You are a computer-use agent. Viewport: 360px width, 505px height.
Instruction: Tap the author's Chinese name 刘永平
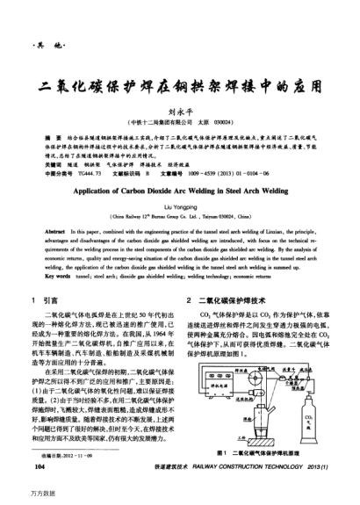[179, 112]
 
